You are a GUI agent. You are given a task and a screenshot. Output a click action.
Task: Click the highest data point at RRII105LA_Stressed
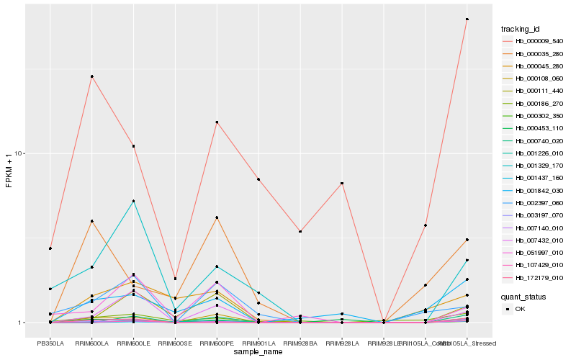tap(467, 19)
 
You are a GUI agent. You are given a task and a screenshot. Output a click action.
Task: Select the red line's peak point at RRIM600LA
tap(92, 76)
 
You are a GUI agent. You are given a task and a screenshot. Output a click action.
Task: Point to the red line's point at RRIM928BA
tap(300, 231)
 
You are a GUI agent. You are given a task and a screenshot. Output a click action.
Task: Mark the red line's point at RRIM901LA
tap(258, 179)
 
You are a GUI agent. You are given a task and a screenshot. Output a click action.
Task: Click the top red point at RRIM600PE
tap(217, 122)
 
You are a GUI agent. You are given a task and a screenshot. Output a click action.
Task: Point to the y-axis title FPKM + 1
tap(9, 171)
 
